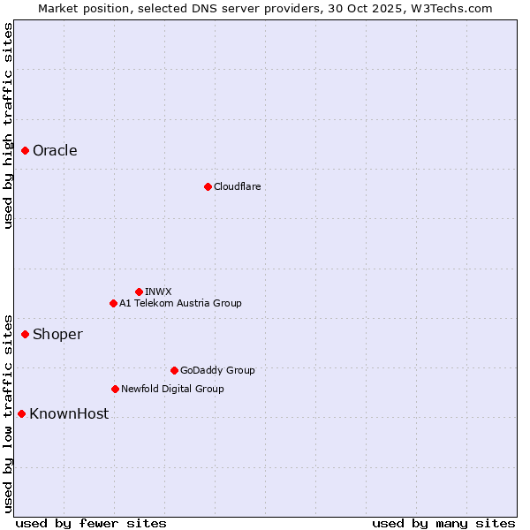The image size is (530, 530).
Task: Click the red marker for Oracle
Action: coord(26,151)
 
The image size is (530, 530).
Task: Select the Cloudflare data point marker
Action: coord(208,186)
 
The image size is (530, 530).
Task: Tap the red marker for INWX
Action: coord(139,291)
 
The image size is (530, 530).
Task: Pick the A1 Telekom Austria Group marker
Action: coord(113,303)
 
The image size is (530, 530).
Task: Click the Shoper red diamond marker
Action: coord(26,334)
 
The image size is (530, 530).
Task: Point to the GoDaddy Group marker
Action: coord(174,370)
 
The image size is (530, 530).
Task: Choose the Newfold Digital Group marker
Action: coord(115,389)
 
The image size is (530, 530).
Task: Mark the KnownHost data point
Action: coord(21,413)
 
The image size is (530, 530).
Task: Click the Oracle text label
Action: coord(55,151)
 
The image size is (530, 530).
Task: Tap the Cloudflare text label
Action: coord(237,186)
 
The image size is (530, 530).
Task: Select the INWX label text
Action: coord(158,291)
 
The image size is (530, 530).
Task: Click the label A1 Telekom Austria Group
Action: coord(180,303)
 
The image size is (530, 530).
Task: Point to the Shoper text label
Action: coord(57,334)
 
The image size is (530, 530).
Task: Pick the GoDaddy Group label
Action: coord(217,370)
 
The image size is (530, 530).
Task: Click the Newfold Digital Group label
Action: coord(172,389)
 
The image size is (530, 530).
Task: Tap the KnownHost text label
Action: coord(69,413)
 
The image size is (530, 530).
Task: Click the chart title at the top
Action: coord(265,8)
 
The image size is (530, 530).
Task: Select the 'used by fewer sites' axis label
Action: coord(90,523)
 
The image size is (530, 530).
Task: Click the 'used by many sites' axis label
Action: coord(443,523)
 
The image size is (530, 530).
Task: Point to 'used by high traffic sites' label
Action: coord(8,125)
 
